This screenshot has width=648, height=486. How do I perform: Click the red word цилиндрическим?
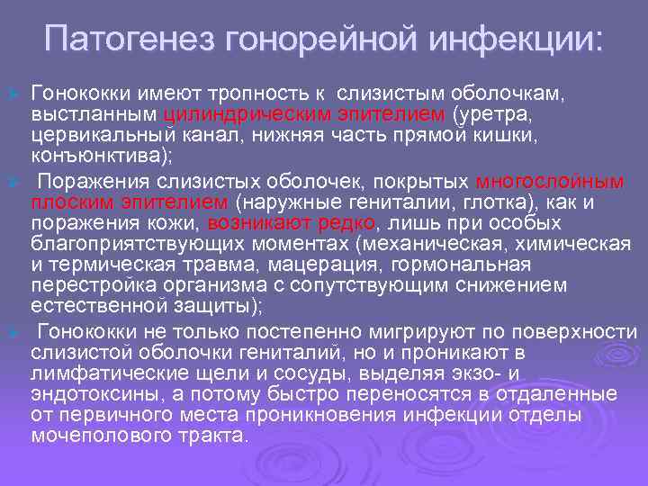tap(235, 114)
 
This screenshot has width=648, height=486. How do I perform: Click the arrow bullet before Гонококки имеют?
tap(13, 94)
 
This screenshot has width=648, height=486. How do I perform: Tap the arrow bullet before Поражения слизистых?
tap(13, 181)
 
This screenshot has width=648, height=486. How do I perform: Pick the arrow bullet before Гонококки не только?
tap(13, 331)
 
